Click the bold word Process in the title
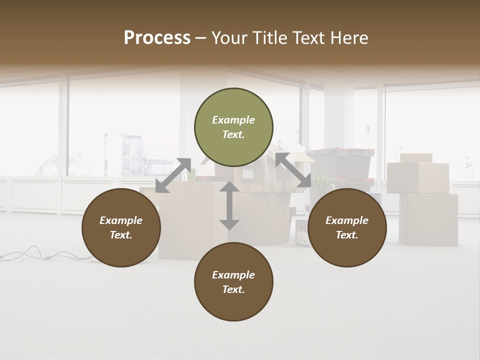pos(157,38)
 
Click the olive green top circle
pos(233,127)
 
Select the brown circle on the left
pos(121,227)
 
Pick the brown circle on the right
pos(347,227)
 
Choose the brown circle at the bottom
pos(233,282)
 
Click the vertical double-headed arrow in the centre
pos(229,205)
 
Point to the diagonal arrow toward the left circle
pos(173,175)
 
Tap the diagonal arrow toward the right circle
pos(293,170)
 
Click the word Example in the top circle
pos(233,120)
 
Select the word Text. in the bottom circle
pos(233,289)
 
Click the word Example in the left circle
pos(121,220)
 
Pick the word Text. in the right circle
pos(347,235)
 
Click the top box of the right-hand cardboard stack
pos(417,177)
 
